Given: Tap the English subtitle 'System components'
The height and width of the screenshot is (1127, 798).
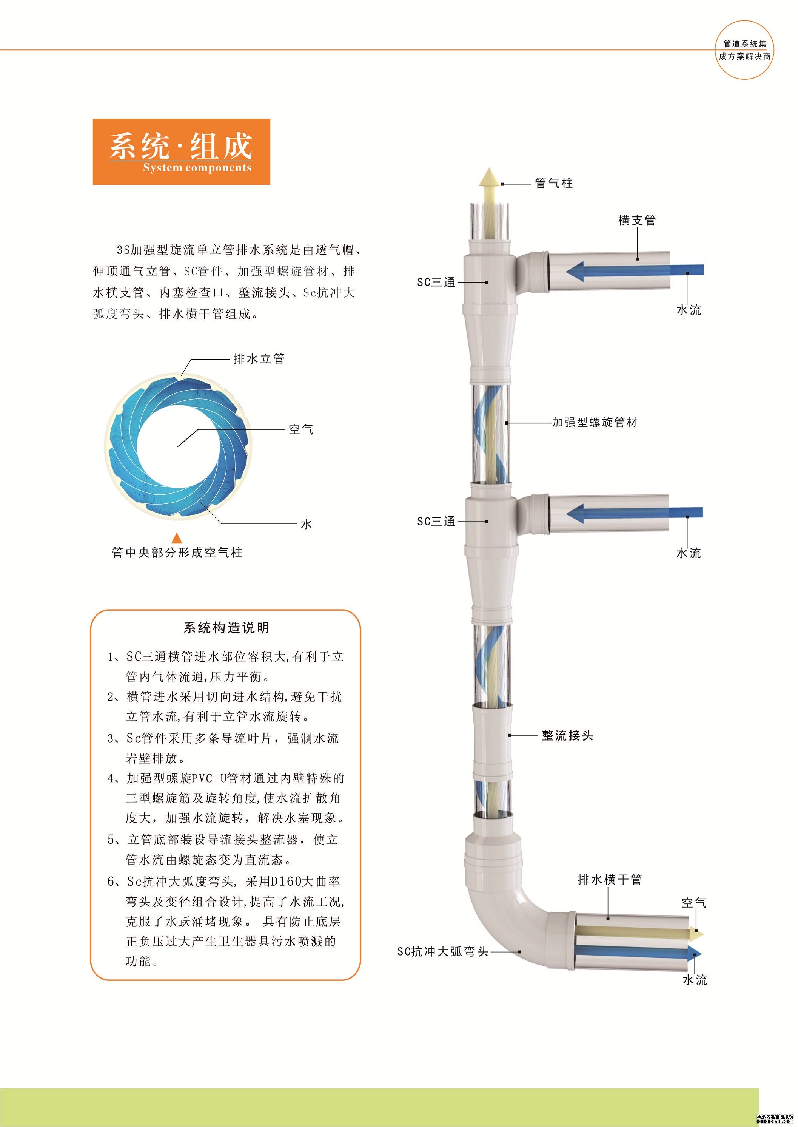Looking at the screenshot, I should [x=197, y=168].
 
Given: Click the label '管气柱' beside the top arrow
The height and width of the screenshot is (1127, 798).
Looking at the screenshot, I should [x=554, y=183].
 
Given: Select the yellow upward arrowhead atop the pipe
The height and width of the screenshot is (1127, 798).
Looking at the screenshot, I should [x=490, y=176].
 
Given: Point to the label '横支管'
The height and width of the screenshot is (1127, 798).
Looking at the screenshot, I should [x=637, y=220].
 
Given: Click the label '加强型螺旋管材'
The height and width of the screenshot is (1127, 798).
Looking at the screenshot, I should [x=595, y=422].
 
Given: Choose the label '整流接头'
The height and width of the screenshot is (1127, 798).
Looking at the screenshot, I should [x=567, y=735].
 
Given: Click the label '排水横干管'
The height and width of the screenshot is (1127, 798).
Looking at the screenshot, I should [x=609, y=879].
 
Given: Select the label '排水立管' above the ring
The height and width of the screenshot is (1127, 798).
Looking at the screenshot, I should [x=259, y=359].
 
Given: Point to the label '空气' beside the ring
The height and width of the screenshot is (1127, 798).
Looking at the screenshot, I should [x=301, y=429].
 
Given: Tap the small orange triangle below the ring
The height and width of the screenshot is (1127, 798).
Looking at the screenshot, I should [x=176, y=537].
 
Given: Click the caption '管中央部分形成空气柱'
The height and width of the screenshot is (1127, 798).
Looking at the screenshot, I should [x=177, y=553].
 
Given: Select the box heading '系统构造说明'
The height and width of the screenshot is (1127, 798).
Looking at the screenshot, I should [x=226, y=628].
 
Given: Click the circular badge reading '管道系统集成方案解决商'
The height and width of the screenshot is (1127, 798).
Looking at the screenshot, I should [x=744, y=49].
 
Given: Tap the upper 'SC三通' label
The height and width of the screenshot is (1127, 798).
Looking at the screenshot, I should [x=436, y=282].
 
